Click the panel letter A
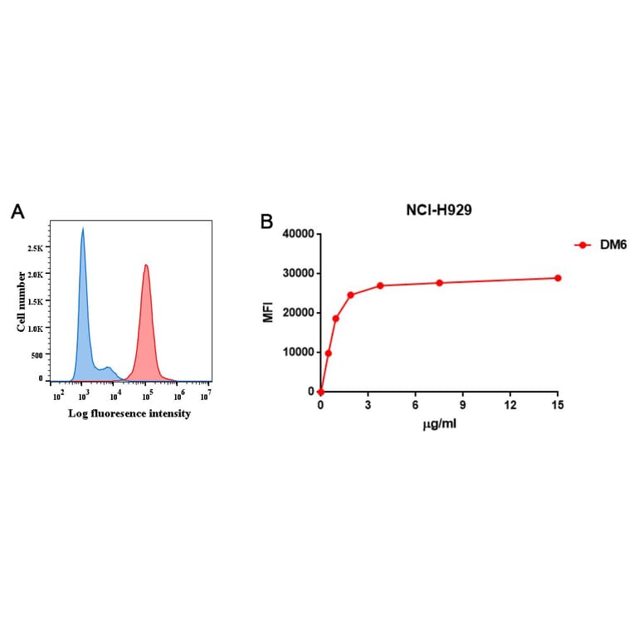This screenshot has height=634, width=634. coord(17,212)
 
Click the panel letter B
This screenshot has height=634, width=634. coord(266,222)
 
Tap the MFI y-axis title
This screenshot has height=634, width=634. coord(267,313)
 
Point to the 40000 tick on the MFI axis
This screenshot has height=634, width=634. coord(297,234)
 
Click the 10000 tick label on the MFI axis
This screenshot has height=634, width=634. coord(297,352)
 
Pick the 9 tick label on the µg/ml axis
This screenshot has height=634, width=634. coord(463,405)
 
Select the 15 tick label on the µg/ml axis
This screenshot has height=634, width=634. coord(558,405)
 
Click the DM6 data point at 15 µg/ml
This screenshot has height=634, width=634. coord(558,278)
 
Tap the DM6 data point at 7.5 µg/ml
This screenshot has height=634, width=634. coord(439,283)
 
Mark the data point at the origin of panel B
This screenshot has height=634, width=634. coord(320,392)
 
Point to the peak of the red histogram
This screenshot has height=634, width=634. coord(146,266)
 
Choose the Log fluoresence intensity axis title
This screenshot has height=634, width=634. coord(129,413)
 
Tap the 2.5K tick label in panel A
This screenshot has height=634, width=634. coord(37,248)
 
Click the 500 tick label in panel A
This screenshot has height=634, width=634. coord(37,355)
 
